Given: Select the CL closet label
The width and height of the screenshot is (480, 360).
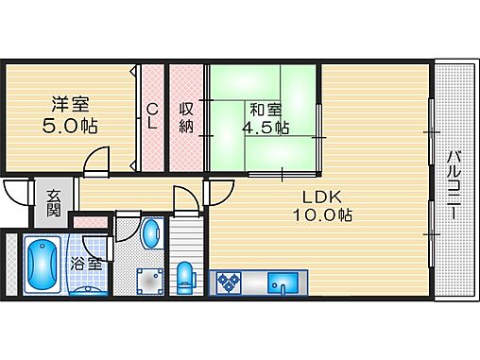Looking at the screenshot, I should pyautogui.click(x=151, y=118).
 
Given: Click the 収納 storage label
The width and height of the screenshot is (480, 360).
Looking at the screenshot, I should pyautogui.click(x=187, y=118).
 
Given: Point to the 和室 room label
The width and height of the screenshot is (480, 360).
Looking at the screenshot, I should pyautogui.click(x=265, y=110).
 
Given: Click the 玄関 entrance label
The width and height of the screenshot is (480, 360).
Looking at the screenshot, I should pyautogui.click(x=54, y=202).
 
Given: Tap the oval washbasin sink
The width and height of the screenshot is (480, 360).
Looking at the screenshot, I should pyautogui.click(x=150, y=234).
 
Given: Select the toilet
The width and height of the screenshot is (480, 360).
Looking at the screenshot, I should pyautogui.click(x=186, y=277).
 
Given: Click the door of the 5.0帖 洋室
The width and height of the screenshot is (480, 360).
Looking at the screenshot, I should pyautogui.click(x=97, y=164).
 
